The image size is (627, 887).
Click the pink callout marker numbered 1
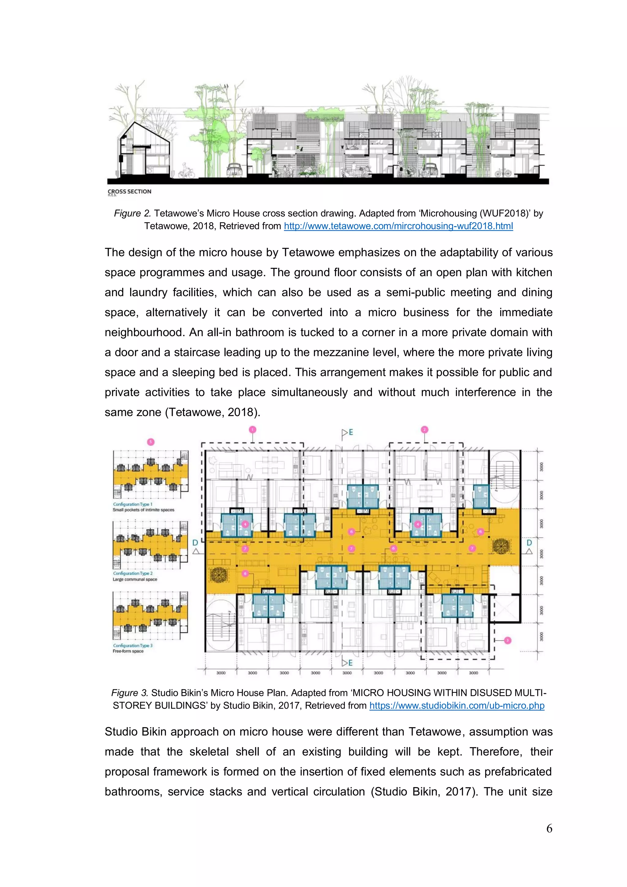pos(252,430)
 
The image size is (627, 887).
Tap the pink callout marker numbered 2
pos(425,430)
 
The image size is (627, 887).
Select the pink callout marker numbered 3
pos(508,641)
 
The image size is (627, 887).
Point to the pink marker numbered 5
pos(151,442)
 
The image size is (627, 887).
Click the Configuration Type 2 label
pos(133,573)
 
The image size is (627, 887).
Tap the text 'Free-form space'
pos(128,651)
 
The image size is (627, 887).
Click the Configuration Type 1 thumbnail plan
pos(151,475)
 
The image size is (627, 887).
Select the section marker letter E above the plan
pos(351,432)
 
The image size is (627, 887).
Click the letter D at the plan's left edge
pos(195,543)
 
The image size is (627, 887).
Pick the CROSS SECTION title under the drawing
pos(130,191)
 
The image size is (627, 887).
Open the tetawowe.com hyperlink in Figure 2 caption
pos(398,226)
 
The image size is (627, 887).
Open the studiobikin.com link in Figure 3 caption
pos(457,705)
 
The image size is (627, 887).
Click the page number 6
pos(549,828)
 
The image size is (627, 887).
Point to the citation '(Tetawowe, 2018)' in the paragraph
pos(212,412)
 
